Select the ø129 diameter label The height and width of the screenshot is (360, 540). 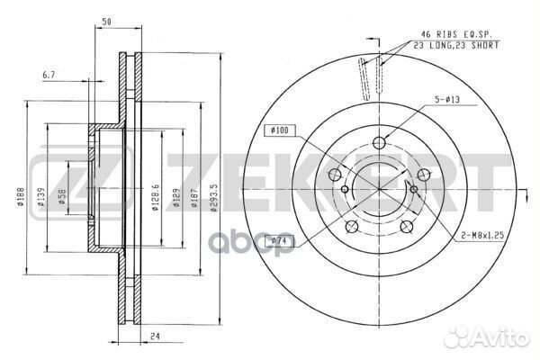tap(177, 197)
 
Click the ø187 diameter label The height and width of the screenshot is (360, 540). tap(193, 197)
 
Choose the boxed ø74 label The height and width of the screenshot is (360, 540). tap(283, 241)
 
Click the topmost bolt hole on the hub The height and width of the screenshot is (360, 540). tap(379, 142)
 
